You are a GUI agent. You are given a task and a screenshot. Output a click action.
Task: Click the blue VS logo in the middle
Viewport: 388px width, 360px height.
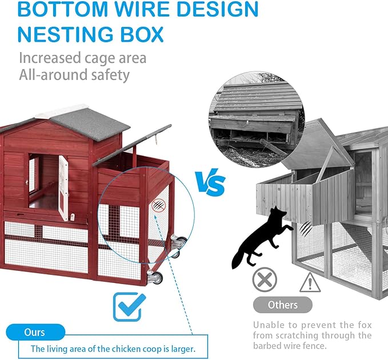click(x=210, y=182)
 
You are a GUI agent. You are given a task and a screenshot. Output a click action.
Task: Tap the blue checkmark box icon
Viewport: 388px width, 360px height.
click(x=130, y=307)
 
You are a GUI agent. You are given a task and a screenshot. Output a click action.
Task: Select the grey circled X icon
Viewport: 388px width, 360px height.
click(x=265, y=279)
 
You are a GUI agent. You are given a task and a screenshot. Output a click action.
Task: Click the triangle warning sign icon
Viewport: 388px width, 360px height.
click(x=310, y=283)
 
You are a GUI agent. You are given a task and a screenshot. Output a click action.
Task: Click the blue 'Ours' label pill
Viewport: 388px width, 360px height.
click(x=35, y=332)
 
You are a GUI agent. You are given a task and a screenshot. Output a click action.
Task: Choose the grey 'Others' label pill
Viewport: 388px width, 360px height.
click(x=283, y=305)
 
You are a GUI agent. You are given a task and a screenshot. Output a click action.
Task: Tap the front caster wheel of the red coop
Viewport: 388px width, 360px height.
click(x=155, y=277)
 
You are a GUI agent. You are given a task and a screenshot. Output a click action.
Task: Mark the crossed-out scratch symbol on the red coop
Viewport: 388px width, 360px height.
click(x=158, y=205)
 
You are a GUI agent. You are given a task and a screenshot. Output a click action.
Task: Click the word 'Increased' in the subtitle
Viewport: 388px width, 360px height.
click(x=50, y=58)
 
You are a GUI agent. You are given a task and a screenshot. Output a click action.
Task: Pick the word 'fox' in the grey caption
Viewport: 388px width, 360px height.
click(x=365, y=325)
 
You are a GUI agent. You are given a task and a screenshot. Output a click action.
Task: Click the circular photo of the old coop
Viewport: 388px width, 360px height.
click(x=257, y=119)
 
